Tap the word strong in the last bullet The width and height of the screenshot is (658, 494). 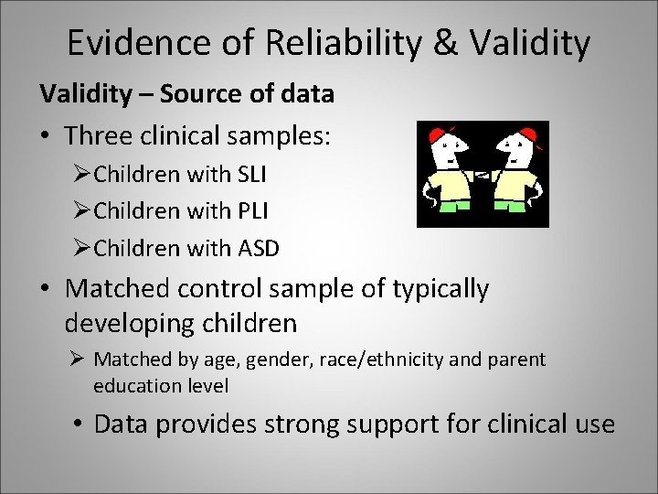click(x=314, y=424)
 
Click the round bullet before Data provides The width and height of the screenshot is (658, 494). click(x=78, y=424)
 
